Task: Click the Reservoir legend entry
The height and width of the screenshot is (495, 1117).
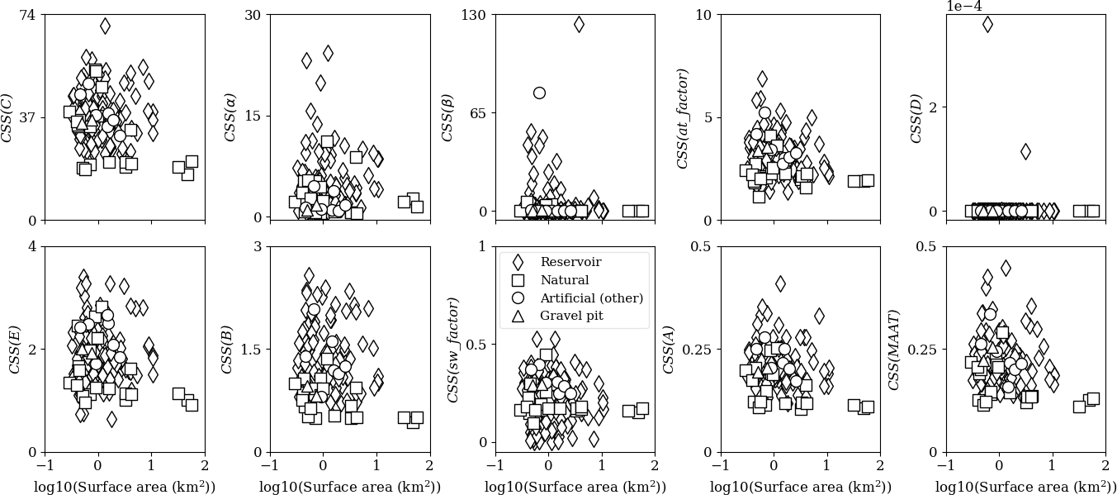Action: tap(570, 262)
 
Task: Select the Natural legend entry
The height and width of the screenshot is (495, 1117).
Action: tap(565, 280)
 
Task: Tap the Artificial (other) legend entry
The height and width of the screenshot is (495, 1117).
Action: tap(591, 298)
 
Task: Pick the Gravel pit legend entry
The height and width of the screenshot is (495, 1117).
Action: tap(571, 316)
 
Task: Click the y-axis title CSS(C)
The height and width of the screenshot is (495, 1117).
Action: tap(9, 117)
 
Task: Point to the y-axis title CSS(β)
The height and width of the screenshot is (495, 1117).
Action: tap(448, 117)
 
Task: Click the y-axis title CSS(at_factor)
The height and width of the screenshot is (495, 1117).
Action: tap(683, 118)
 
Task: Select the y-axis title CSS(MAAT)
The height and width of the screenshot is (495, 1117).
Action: tap(894, 350)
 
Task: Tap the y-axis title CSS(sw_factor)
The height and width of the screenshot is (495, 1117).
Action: tap(453, 350)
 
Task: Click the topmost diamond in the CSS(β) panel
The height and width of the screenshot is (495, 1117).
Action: tap(579, 24)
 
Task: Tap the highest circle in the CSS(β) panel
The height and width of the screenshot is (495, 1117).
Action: tap(539, 93)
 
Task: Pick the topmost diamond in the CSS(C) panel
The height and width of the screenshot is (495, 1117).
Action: tap(105, 26)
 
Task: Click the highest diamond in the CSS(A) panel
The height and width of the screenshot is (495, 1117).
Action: tap(779, 283)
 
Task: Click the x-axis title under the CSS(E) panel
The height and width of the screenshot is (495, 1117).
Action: tap(125, 487)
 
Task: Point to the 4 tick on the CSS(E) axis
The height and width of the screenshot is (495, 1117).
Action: tap(32, 246)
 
